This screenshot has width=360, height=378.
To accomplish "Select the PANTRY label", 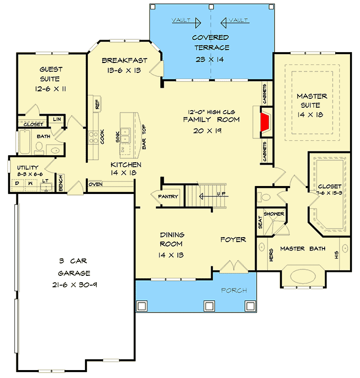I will click(x=168, y=197).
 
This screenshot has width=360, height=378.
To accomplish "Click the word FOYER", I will click(x=233, y=240).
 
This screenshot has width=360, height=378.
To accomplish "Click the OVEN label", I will click(x=95, y=185).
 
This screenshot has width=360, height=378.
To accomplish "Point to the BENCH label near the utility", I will click(x=61, y=183).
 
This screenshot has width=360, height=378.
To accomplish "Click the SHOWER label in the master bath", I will click(x=274, y=214).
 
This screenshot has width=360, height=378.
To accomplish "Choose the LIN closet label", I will click(x=57, y=120).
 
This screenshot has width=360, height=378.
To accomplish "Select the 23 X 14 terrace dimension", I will click(x=211, y=59).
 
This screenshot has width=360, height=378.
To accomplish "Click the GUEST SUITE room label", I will click(x=50, y=74).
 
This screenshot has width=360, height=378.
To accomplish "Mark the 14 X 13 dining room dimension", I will click(x=171, y=254).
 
